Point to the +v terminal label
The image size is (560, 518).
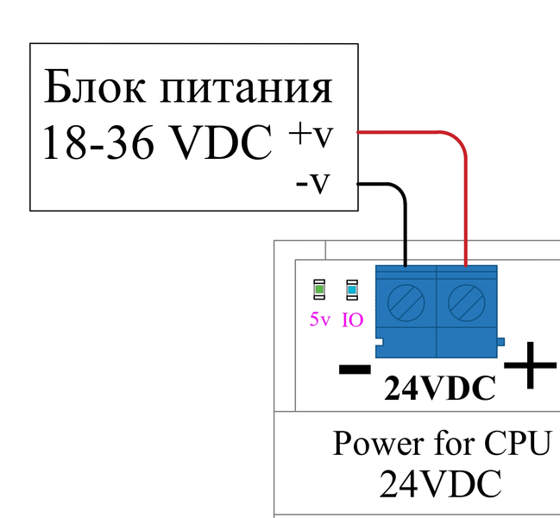(x=311, y=135)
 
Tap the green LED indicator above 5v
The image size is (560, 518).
(x=319, y=289)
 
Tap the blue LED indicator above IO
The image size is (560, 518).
(x=352, y=289)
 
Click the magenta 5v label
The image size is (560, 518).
(x=319, y=319)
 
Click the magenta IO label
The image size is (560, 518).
(x=352, y=319)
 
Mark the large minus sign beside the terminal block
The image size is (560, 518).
(x=355, y=370)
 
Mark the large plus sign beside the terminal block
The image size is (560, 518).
(x=530, y=367)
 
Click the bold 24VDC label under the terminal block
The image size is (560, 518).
(x=440, y=389)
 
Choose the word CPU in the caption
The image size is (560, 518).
(x=516, y=444)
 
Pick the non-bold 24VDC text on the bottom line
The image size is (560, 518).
(x=440, y=484)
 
